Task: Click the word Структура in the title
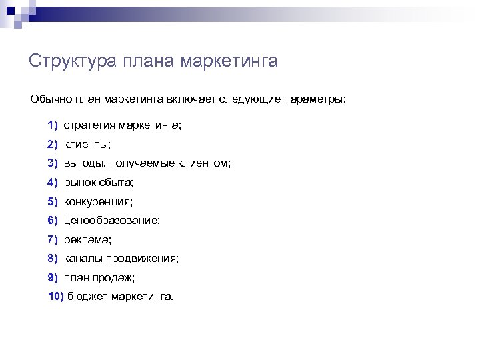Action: pos(73,61)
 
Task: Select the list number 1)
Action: pos(53,125)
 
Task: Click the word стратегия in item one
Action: pos(89,125)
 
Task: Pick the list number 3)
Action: pos(53,163)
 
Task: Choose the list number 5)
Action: pos(53,201)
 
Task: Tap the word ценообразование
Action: pos(112,220)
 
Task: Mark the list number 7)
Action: pos(53,239)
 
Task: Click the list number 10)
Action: pos(55,296)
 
